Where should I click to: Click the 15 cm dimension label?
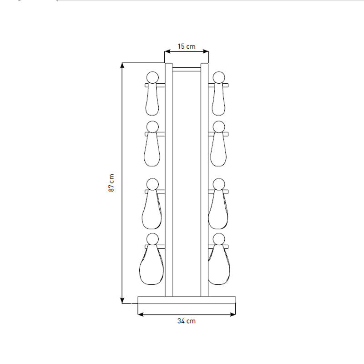187,46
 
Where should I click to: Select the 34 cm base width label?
187,321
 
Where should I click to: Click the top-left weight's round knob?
152,77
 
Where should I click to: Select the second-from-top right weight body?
220,152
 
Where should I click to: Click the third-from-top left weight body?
152,212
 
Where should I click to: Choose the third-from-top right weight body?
220,212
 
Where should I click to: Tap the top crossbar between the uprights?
187,69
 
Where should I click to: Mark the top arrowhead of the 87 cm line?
122,65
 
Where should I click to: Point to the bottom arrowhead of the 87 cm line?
122,300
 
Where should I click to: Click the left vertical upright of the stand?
168,182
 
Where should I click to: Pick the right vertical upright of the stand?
205,182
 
